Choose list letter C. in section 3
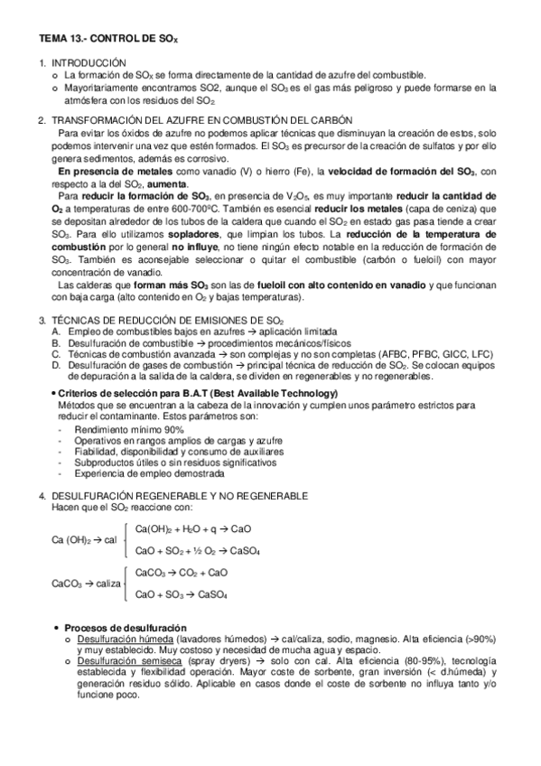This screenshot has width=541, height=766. pos(56,355)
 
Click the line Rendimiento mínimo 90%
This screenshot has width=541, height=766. pos(125,429)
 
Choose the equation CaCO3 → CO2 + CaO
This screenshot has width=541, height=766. pos(181,573)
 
